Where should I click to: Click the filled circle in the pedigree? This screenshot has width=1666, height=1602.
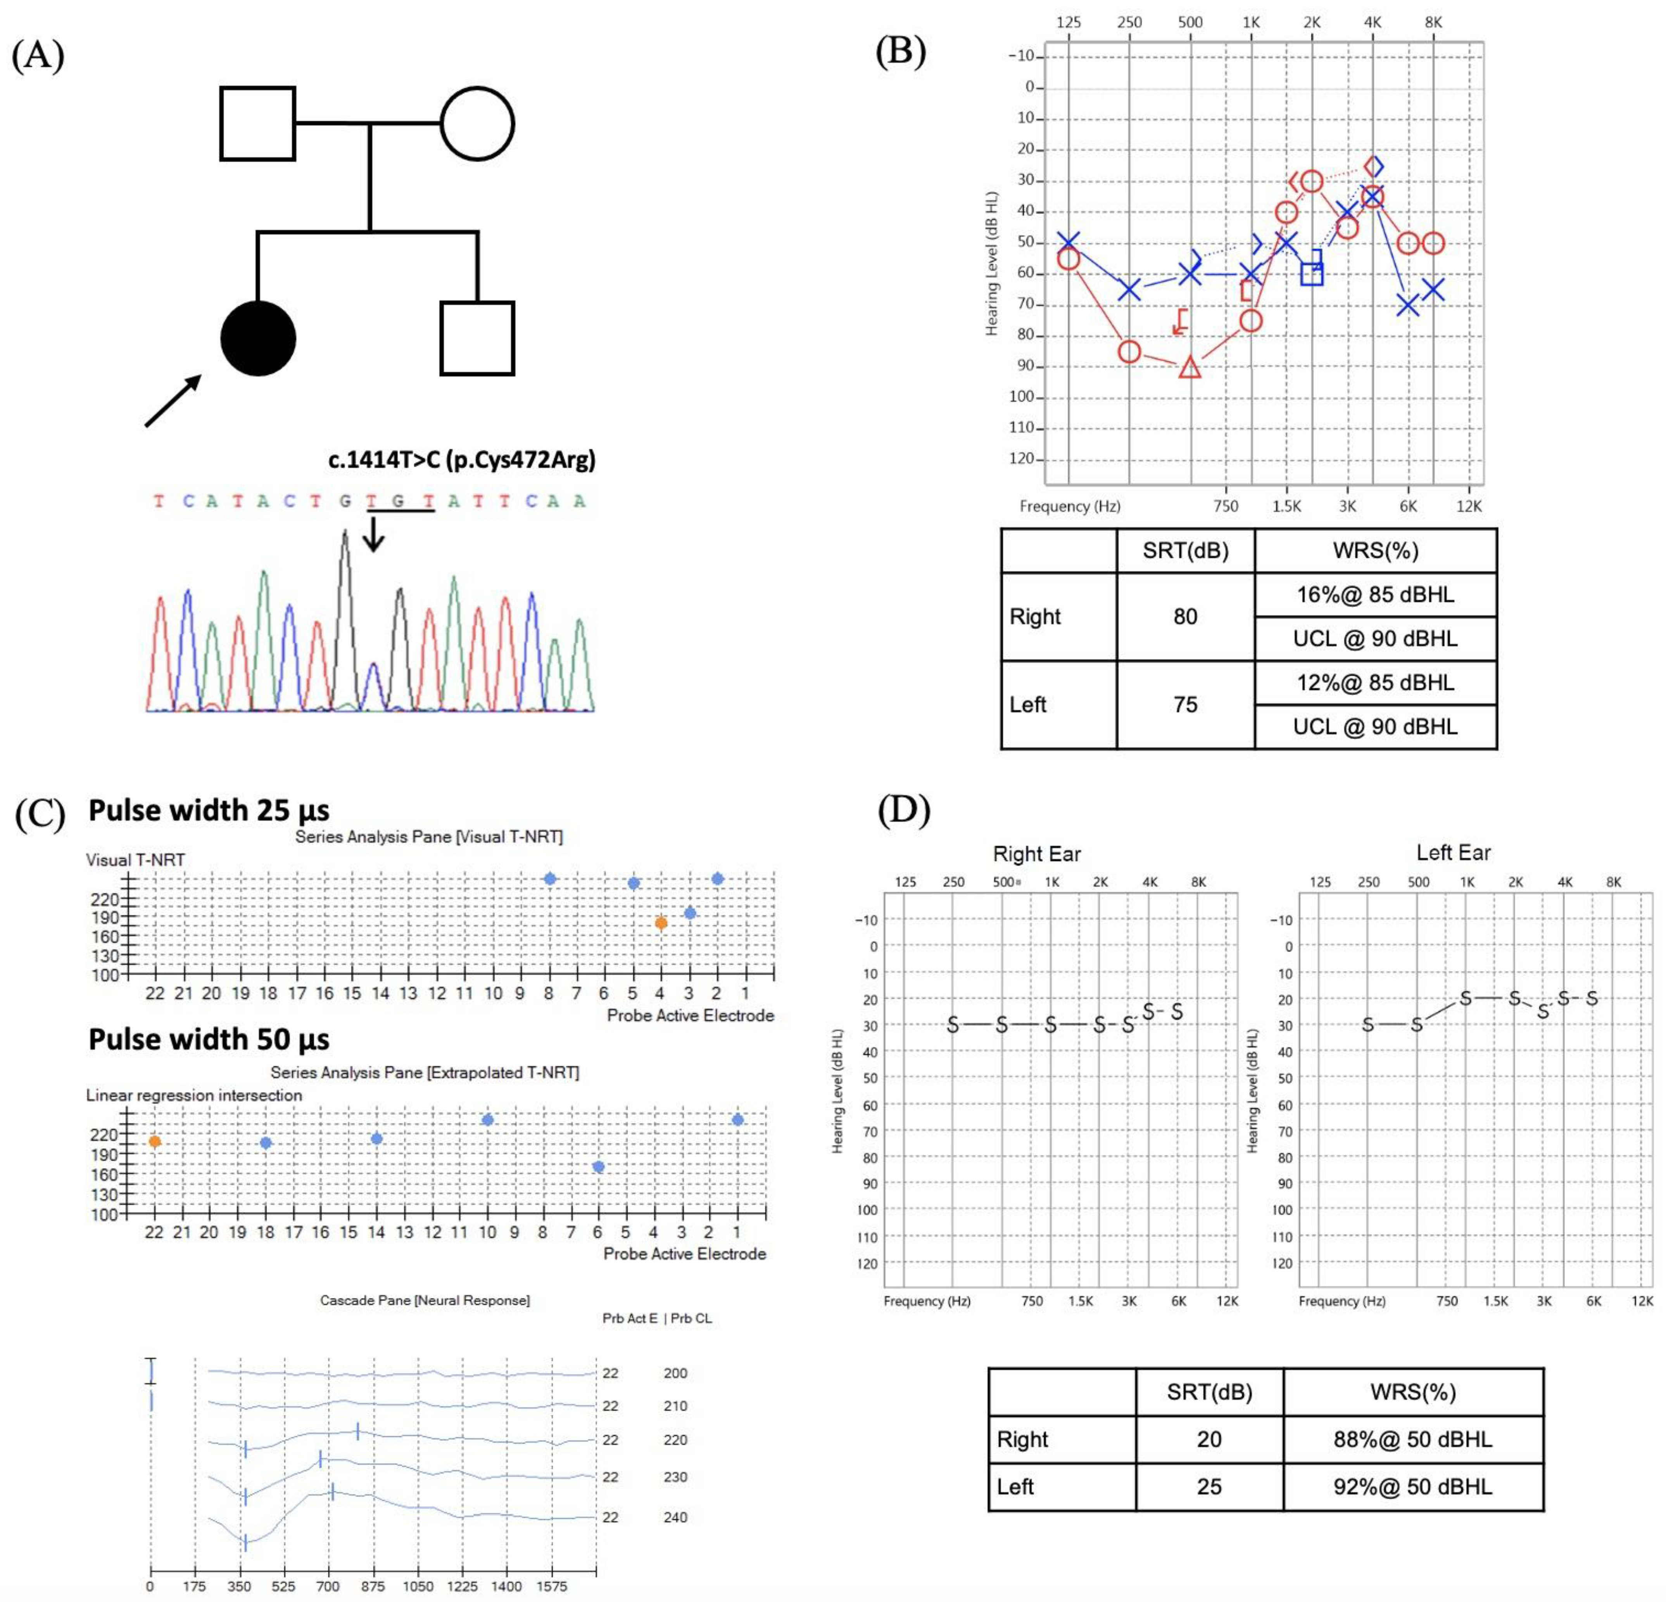(258, 339)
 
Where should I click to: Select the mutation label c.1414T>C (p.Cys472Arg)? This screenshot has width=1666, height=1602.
(461, 460)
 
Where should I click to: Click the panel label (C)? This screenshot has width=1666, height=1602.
(40, 814)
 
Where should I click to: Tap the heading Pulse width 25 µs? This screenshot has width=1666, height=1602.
(209, 811)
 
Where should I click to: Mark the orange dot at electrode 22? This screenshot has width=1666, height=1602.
(155, 1141)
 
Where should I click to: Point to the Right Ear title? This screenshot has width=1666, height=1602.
(1036, 854)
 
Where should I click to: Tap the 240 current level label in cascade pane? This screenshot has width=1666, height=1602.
(675, 1517)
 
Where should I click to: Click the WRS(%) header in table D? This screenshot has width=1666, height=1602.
(1413, 1392)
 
